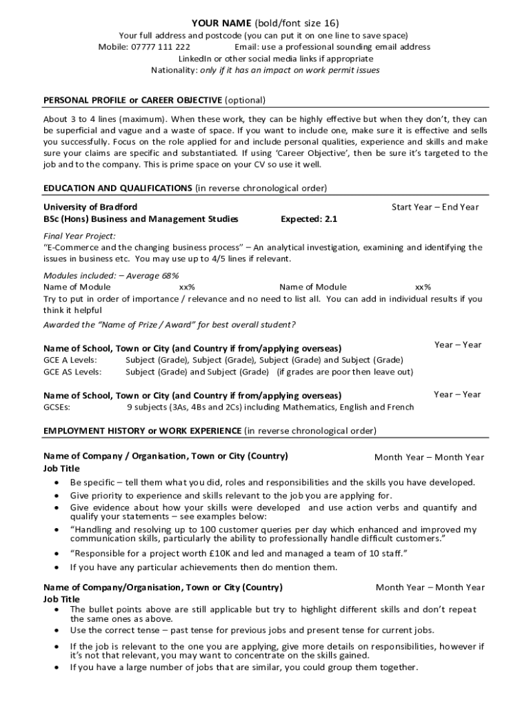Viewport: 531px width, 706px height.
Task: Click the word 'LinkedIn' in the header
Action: pyautogui.click(x=196, y=59)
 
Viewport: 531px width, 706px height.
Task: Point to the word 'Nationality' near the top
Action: pyautogui.click(x=174, y=70)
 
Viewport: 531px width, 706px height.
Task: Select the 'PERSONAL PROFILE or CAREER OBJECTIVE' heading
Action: pyautogui.click(x=133, y=100)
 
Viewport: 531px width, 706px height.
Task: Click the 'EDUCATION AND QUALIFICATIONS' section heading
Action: pyautogui.click(x=118, y=188)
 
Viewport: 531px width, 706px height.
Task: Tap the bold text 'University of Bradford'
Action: pyautogui.click(x=90, y=207)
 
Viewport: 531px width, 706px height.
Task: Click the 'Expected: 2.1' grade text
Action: pyautogui.click(x=309, y=219)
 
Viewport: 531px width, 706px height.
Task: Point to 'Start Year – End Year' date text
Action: pyautogui.click(x=435, y=207)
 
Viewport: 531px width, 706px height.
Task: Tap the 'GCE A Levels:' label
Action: pyautogui.click(x=70, y=360)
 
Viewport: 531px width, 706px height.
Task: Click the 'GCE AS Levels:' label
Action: pyautogui.click(x=72, y=372)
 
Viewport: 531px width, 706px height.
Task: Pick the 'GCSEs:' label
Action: pyautogui.click(x=57, y=407)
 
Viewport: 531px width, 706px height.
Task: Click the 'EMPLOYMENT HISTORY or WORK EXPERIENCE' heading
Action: pyautogui.click(x=143, y=431)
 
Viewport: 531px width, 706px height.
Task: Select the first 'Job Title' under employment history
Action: pyautogui.click(x=61, y=468)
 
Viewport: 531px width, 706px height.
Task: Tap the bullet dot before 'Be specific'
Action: pyautogui.click(x=56, y=483)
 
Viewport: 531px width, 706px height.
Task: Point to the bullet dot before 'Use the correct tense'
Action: pyautogui.click(x=56, y=630)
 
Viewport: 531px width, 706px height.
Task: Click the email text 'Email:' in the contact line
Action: pyautogui.click(x=246, y=47)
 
